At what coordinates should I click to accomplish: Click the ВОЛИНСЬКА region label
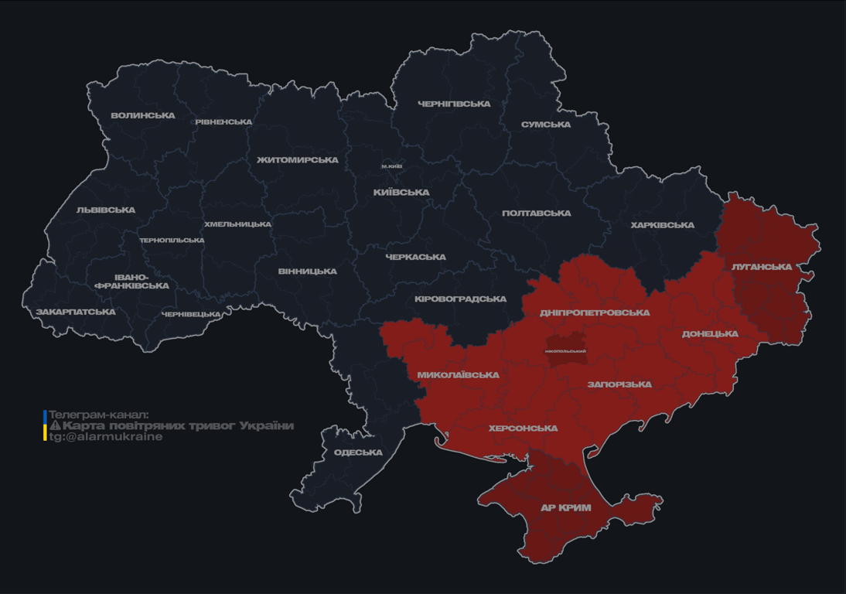pos(143,116)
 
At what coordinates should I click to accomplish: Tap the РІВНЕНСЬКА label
pos(223,122)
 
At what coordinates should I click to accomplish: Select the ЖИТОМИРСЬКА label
pos(298,160)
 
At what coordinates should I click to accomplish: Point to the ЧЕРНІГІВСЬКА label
pos(454,104)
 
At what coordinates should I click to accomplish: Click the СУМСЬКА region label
pos(546,125)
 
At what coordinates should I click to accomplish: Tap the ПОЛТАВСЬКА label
pos(537,213)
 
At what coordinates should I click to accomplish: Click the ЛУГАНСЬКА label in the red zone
pos(762,267)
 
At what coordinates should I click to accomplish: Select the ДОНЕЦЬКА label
pos(710,334)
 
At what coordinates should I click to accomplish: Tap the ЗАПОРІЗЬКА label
pos(619,384)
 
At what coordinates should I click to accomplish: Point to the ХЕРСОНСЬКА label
pos(523,428)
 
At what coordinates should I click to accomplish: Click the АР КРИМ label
pos(565,508)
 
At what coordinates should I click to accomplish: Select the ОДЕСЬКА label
pos(358,452)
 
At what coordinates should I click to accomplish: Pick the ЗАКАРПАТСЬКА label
pos(76,312)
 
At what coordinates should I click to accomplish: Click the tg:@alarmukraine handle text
pos(106,437)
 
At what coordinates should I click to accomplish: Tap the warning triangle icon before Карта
pos(55,426)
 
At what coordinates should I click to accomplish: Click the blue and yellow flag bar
pos(45,425)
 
